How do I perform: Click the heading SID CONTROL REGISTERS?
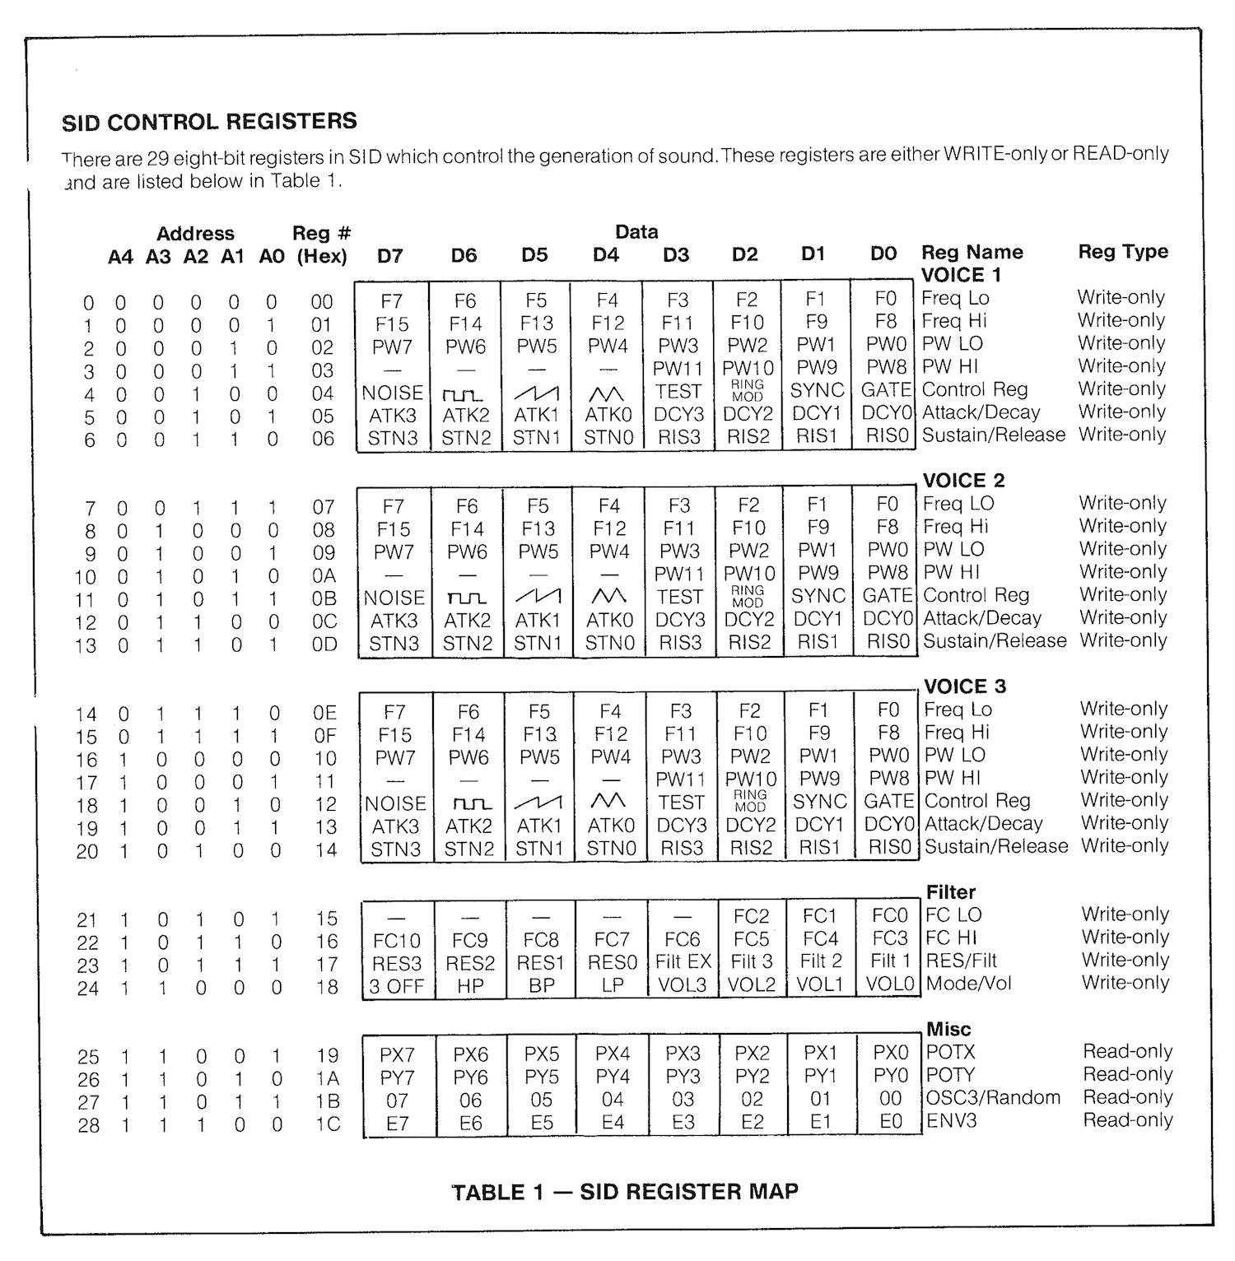point(209,122)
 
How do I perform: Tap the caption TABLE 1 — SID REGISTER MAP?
point(625,1192)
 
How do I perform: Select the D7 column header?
point(389,256)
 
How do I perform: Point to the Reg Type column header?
point(1123,252)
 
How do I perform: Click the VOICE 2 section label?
point(963,481)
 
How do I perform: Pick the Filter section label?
point(950,892)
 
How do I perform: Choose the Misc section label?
point(948,1029)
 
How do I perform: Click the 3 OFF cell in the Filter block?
point(396,985)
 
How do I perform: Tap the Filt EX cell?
point(683,961)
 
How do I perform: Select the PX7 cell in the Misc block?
point(397,1054)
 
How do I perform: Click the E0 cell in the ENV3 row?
point(891,1121)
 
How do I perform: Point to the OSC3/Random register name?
point(993,1098)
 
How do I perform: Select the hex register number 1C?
point(327,1124)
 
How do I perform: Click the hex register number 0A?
point(324,575)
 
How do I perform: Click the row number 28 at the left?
point(88,1124)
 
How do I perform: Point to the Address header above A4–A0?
point(195,234)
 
